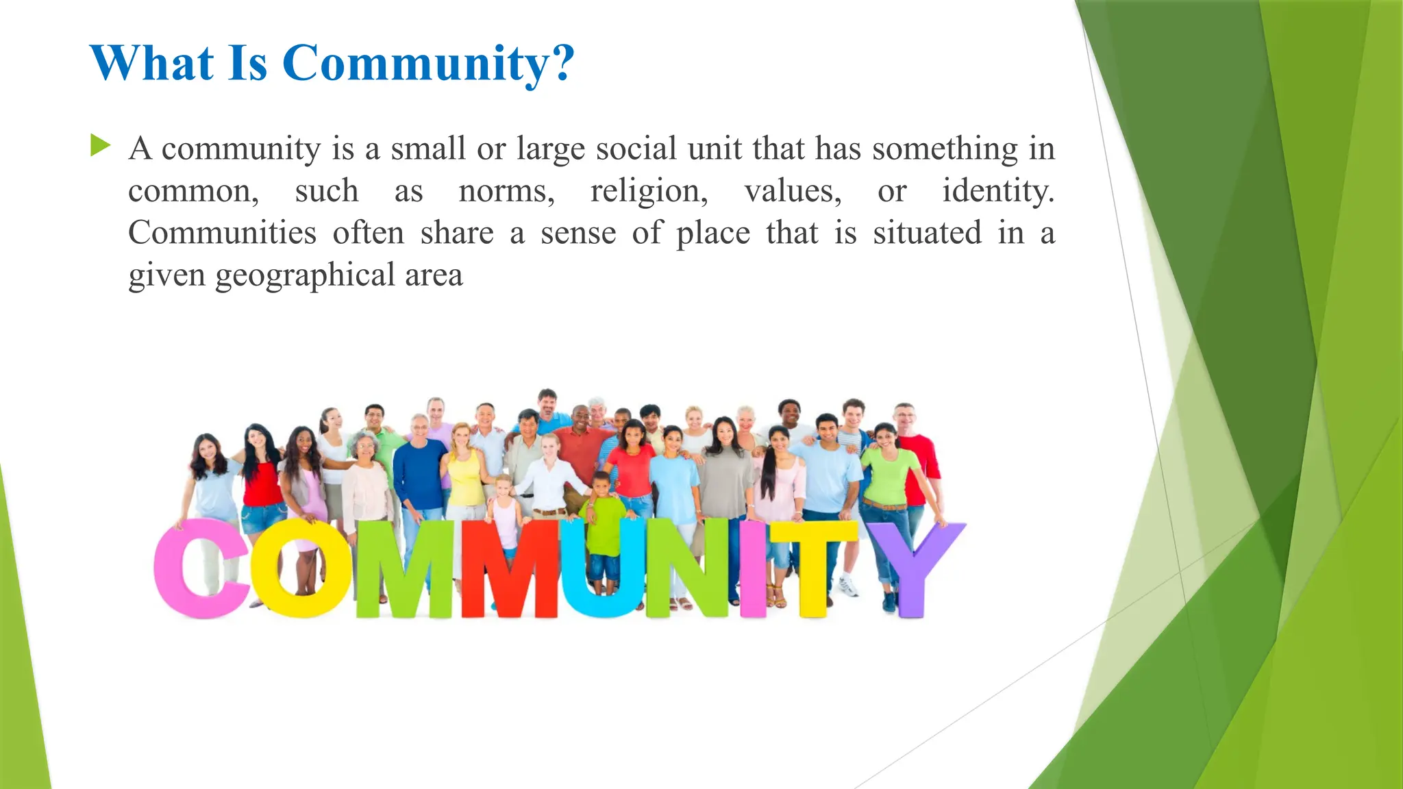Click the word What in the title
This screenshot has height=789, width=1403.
tap(151, 63)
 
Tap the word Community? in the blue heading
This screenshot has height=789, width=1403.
tap(428, 64)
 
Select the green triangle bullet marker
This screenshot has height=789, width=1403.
tap(100, 145)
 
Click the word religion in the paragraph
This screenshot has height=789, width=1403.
tap(648, 191)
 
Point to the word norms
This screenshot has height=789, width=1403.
tap(506, 191)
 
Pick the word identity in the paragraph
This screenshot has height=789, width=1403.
tap(997, 191)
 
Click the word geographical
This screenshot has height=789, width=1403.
tap(305, 276)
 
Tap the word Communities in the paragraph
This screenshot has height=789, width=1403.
tap(222, 233)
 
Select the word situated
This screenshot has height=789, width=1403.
tap(927, 233)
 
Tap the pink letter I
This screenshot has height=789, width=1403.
tap(753, 568)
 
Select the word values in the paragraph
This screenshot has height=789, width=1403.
tap(793, 191)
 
